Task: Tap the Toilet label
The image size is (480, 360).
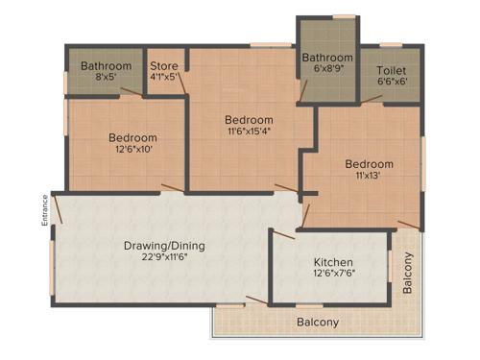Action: tap(391, 70)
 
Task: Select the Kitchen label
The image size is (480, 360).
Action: tap(333, 262)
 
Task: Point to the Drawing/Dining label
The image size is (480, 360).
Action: tap(164, 245)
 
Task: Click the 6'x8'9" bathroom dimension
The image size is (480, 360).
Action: tap(327, 69)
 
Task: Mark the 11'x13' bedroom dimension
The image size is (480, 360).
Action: tap(370, 177)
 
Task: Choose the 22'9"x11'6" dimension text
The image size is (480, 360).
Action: tap(164, 258)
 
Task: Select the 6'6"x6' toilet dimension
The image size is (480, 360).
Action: tap(391, 83)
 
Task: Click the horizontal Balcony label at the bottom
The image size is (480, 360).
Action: tap(317, 323)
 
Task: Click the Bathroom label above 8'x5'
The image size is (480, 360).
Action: tap(106, 66)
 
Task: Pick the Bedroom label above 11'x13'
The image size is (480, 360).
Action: tap(370, 164)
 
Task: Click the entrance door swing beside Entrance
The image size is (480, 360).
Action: tap(58, 207)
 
